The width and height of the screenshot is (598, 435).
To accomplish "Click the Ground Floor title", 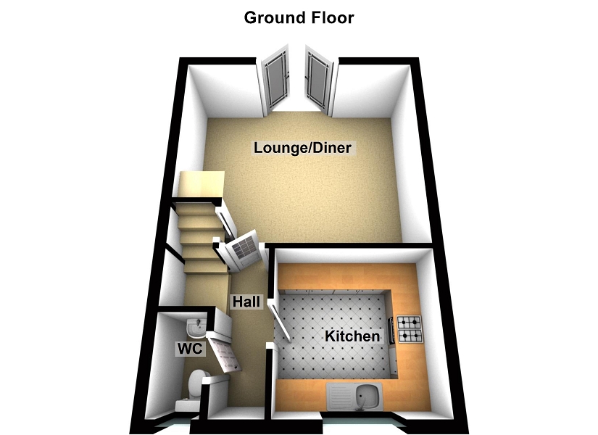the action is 299,17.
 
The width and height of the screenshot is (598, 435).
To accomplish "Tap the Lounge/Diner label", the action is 302,149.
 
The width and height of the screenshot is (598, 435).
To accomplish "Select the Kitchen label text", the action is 352,336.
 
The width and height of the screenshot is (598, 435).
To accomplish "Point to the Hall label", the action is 246,302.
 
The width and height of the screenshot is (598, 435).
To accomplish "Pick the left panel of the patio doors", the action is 275,78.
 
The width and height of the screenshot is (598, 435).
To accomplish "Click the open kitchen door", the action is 280,319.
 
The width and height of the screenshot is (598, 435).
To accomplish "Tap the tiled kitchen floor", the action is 333,319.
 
